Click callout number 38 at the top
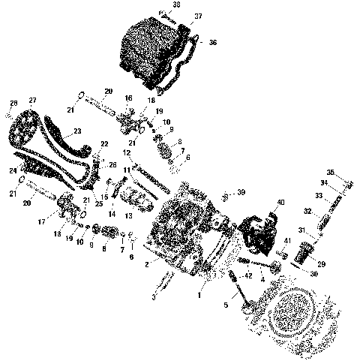coord(176,5)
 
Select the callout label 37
coord(198,16)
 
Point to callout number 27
coord(32,101)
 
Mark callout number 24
coord(13,170)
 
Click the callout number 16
coord(128,98)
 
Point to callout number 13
coord(128,215)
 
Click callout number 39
coord(240,193)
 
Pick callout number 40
coord(281,203)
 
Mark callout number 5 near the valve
coord(226,305)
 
